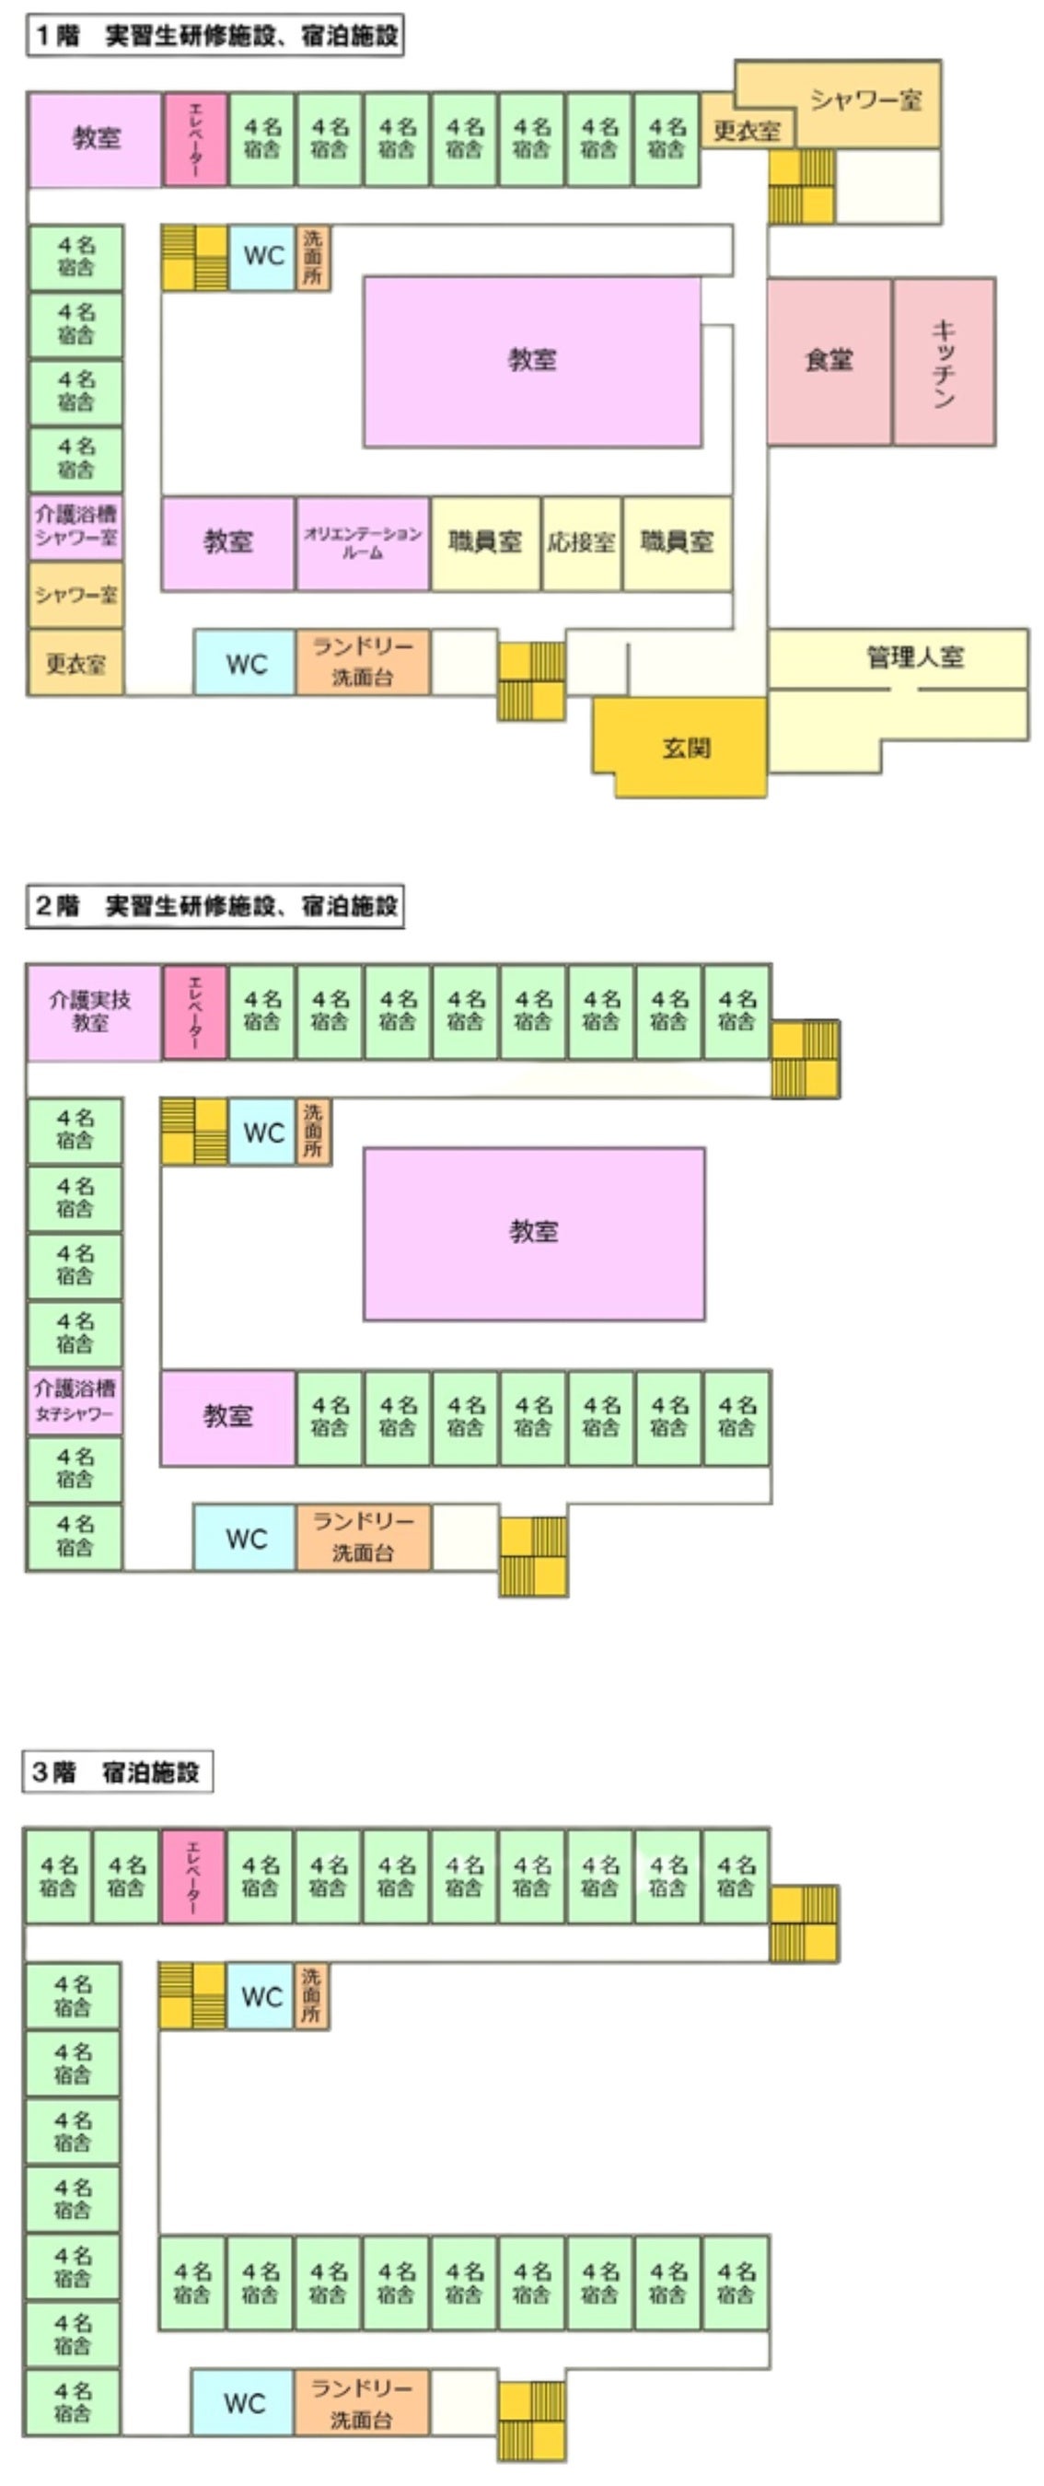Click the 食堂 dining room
[x=828, y=361]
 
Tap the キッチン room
[x=943, y=361]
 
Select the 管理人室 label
[x=914, y=658]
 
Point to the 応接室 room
[x=581, y=542]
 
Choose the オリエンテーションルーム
[x=362, y=542]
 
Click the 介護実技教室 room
[x=92, y=1011]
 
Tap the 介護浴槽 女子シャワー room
[x=75, y=1401]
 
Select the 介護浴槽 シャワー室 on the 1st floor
[x=75, y=526]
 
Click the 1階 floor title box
[x=215, y=36]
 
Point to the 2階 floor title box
[x=215, y=905]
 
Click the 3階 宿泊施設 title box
[x=117, y=1771]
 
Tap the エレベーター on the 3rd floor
[x=193, y=1876]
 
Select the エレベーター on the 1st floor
[x=195, y=139]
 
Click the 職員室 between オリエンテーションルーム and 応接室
[x=484, y=542]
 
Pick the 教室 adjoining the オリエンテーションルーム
[x=227, y=542]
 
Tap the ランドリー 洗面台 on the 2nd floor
[x=362, y=1537]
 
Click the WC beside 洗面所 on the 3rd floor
[x=261, y=1997]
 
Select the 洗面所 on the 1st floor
[x=313, y=258]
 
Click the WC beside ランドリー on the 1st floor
[x=244, y=663]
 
